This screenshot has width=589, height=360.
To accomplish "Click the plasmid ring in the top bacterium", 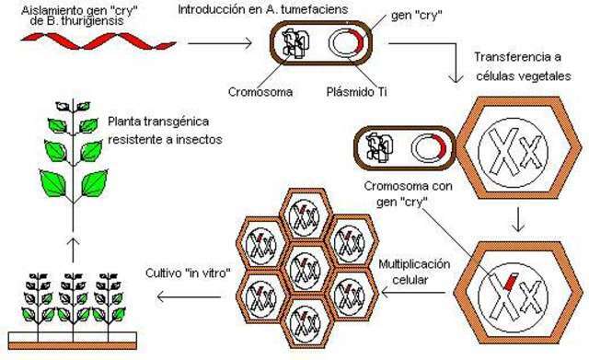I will coord(348,45).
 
